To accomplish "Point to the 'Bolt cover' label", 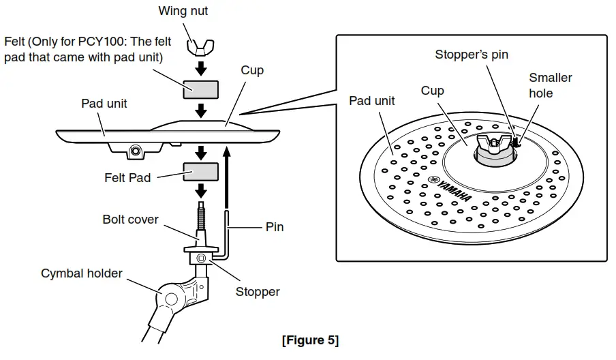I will click(x=130, y=220).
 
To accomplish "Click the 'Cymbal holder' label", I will click(x=82, y=273).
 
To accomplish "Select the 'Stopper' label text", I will click(x=258, y=292).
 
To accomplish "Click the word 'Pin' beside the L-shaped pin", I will click(x=274, y=227).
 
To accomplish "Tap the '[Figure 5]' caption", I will click(x=310, y=340).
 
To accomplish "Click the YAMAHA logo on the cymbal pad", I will click(x=450, y=189).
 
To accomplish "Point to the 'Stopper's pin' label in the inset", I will click(x=472, y=55).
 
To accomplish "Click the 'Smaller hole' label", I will click(x=550, y=85).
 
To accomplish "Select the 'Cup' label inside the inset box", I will click(x=432, y=91).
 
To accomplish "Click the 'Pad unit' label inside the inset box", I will click(x=372, y=101).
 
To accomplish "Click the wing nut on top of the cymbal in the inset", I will click(x=495, y=142).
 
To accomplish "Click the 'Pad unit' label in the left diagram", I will click(x=104, y=104).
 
